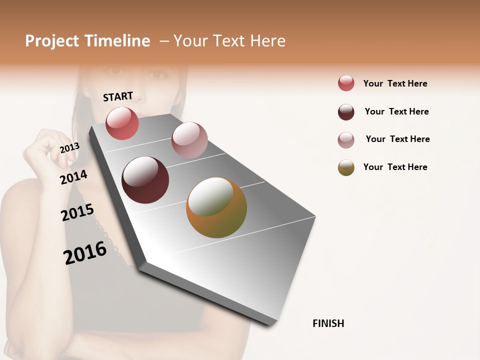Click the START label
click(x=118, y=96)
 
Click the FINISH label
click(x=328, y=323)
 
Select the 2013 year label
click(x=69, y=147)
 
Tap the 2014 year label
click(x=73, y=177)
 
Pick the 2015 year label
click(x=77, y=212)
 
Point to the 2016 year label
click(x=85, y=252)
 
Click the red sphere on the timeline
click(x=122, y=123)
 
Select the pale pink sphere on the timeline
click(x=189, y=140)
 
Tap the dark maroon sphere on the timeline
click(x=145, y=180)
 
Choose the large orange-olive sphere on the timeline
click(x=216, y=207)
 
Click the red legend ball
click(x=346, y=83)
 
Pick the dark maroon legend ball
click(x=346, y=112)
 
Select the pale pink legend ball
click(x=346, y=140)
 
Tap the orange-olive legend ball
click(x=346, y=167)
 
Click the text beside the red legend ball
click(x=395, y=83)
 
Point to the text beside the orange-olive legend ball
click(x=395, y=167)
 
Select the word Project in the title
click(x=51, y=41)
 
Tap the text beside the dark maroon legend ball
click(x=396, y=111)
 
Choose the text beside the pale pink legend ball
click(x=397, y=139)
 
